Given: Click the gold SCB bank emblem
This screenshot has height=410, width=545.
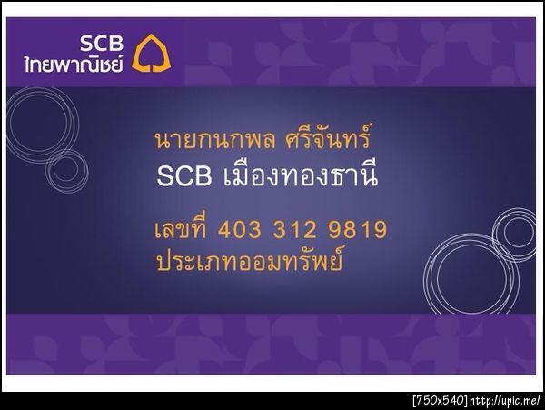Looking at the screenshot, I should point(151,54).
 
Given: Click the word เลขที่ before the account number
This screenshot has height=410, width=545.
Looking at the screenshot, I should point(183,228).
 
